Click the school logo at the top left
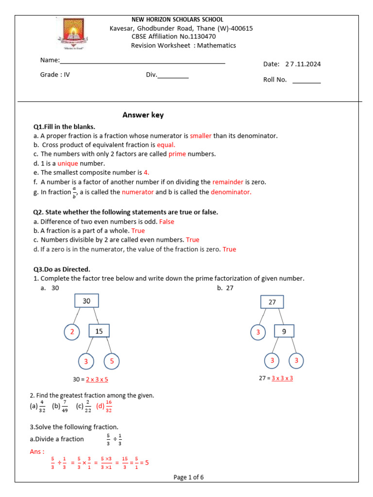[x=74, y=35]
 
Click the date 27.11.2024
[x=303, y=64]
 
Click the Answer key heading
[x=143, y=115]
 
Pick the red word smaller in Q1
[x=201, y=136]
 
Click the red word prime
[x=177, y=154]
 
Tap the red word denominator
[x=231, y=192]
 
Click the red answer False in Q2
[x=167, y=222]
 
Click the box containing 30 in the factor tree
[x=86, y=301]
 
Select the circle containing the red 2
[x=72, y=331]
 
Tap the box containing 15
[x=99, y=331]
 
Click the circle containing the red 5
[x=112, y=362]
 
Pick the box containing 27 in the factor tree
[x=272, y=302]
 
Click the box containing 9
[x=284, y=332]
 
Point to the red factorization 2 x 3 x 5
[x=97, y=380]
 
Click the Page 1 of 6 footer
[x=188, y=477]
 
